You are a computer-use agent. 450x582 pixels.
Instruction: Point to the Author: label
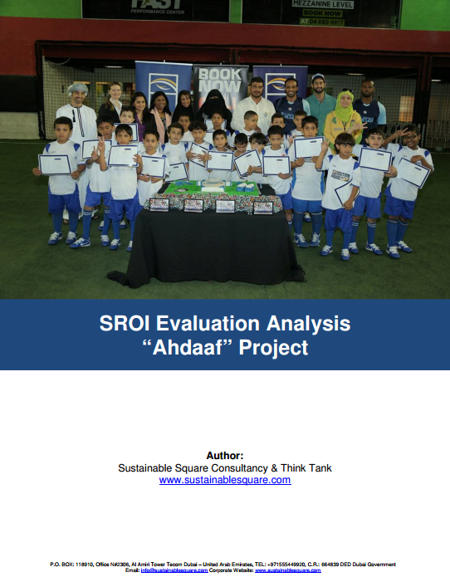[x=225, y=455]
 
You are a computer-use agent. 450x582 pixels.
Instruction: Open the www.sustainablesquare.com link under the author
[x=225, y=480]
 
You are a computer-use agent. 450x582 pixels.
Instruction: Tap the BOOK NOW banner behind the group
[x=220, y=83]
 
